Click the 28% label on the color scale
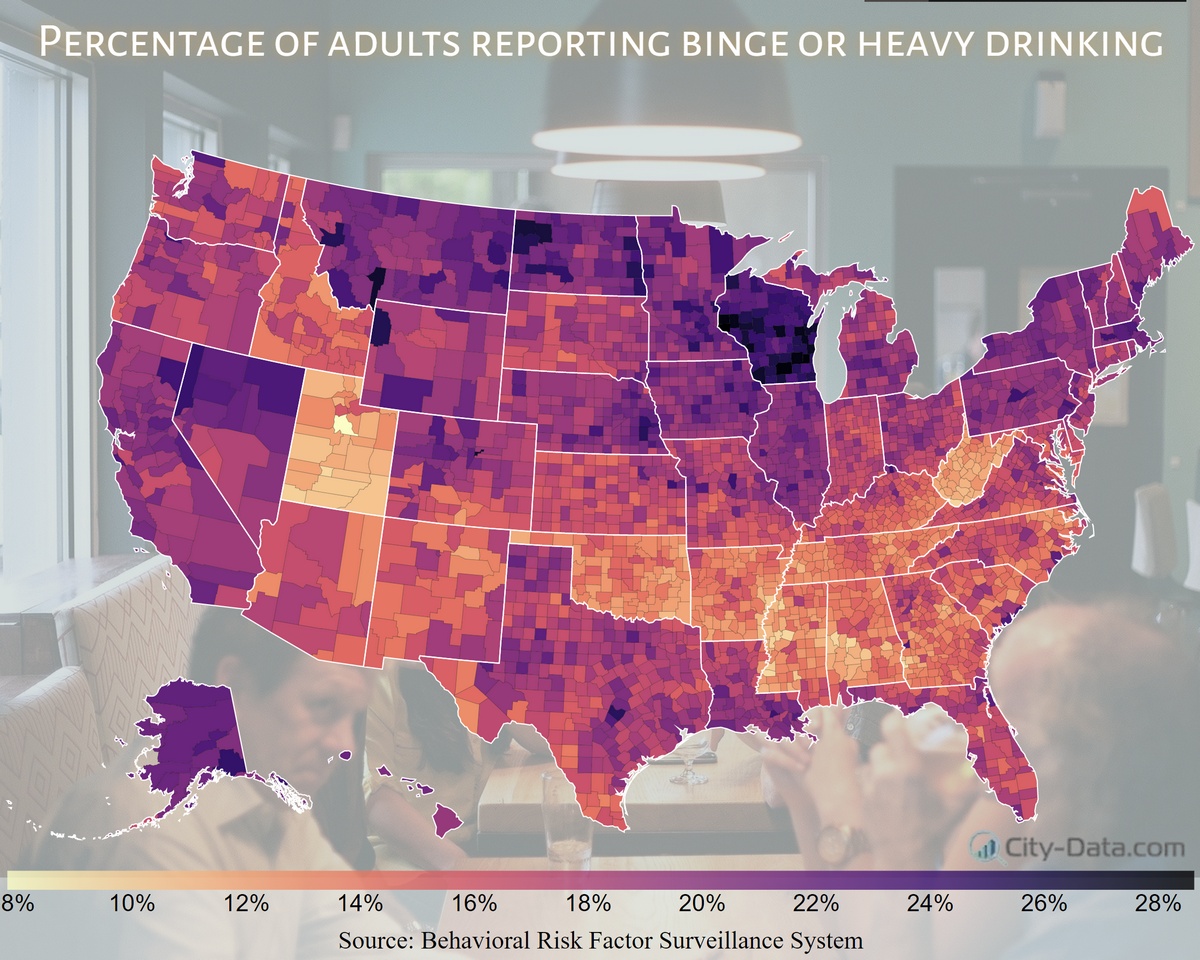pyautogui.click(x=1157, y=903)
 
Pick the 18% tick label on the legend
pyautogui.click(x=588, y=903)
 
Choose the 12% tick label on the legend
pyautogui.click(x=246, y=903)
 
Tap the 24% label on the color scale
pyautogui.click(x=929, y=903)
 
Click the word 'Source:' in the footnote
pyautogui.click(x=377, y=940)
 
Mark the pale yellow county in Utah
pyautogui.click(x=344, y=424)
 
